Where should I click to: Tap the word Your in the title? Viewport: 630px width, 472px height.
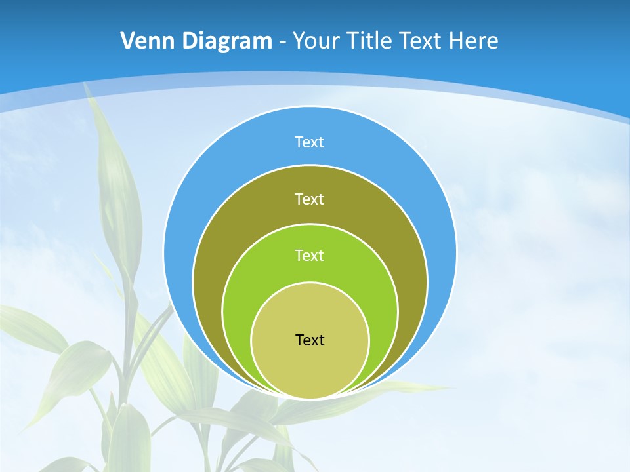[x=316, y=41]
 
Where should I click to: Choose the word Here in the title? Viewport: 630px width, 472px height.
[x=474, y=41]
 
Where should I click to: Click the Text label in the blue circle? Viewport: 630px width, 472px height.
[x=309, y=142]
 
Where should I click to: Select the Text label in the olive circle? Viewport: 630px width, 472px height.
[x=309, y=199]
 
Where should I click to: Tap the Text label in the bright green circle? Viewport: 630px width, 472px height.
[x=309, y=256]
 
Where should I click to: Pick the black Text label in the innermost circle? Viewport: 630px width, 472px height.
[x=310, y=340]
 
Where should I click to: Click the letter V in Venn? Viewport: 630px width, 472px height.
[x=128, y=41]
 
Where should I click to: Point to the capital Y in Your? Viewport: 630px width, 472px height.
[x=299, y=41]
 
